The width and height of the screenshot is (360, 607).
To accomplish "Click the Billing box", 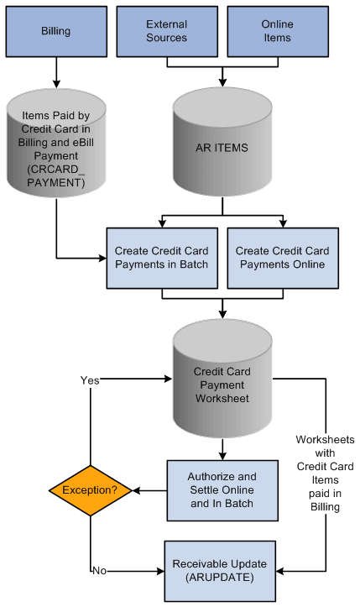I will point(56,30).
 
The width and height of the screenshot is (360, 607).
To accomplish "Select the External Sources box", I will point(166,30).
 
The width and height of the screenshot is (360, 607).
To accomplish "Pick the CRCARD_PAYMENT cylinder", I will point(56,143).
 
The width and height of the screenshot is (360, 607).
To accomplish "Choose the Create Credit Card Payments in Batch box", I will point(162,258).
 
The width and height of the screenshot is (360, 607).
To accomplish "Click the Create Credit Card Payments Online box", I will point(283,258).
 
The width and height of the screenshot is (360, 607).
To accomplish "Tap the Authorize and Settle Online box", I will point(222,490).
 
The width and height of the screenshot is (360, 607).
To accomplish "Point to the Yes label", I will point(89,380).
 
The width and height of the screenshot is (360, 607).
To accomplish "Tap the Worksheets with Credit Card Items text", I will point(326,470).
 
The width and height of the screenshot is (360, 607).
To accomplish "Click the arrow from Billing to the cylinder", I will point(56,71).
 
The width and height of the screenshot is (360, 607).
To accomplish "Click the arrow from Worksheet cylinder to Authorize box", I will point(222,448).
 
